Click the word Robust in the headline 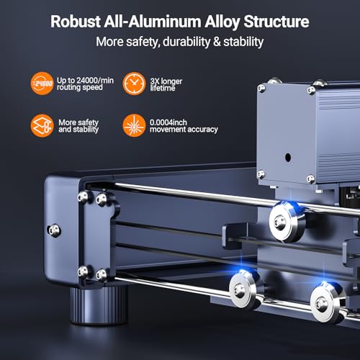tap(76, 22)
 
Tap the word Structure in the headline tap(276, 22)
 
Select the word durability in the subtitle tap(186, 42)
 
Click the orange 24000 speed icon tap(42, 84)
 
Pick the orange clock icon tap(134, 84)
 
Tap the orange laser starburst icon tap(134, 125)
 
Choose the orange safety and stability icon tap(42, 125)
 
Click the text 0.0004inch tap(168, 122)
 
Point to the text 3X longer tap(166, 81)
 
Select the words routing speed tap(80, 87)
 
